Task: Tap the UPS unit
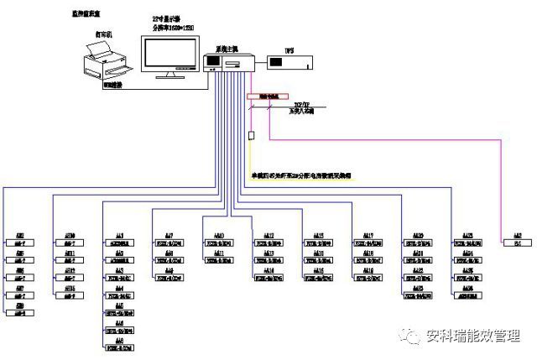click(x=286, y=62)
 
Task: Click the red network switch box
click(x=268, y=97)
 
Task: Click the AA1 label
click(x=120, y=235)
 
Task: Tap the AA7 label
click(x=169, y=235)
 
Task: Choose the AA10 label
click(x=219, y=235)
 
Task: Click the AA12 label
click(x=269, y=235)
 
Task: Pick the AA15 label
click(x=318, y=235)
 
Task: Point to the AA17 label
click(x=368, y=235)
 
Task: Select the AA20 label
click(x=417, y=235)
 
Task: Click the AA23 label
click(x=467, y=235)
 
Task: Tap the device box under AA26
click(x=467, y=295)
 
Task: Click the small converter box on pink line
click(x=250, y=135)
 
